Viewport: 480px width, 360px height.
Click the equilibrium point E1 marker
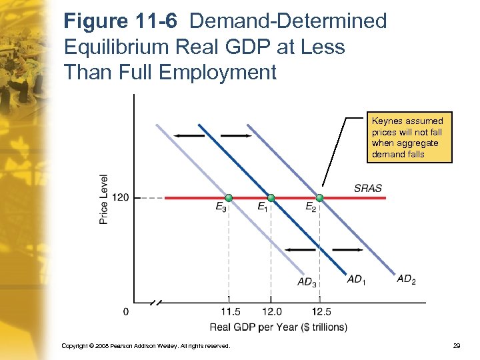271,198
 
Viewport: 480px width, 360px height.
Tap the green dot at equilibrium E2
319,198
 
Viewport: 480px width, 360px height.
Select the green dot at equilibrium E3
229,198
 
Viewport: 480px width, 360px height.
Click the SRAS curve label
368,188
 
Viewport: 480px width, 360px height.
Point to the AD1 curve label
357,279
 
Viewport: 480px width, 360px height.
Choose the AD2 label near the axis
405,279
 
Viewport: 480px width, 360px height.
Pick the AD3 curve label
307,282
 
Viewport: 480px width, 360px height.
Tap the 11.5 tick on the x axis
229,311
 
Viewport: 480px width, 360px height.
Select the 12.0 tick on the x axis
271,311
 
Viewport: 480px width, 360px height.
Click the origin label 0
126,311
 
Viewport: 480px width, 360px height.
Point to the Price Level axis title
104,199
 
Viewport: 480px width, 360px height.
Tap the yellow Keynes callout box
407,137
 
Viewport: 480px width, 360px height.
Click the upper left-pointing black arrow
189,136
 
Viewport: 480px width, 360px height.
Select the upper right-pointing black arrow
235,136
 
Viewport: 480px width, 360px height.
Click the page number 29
456,346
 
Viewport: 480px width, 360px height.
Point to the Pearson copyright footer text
145,346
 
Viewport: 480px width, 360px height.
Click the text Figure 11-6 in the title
121,21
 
